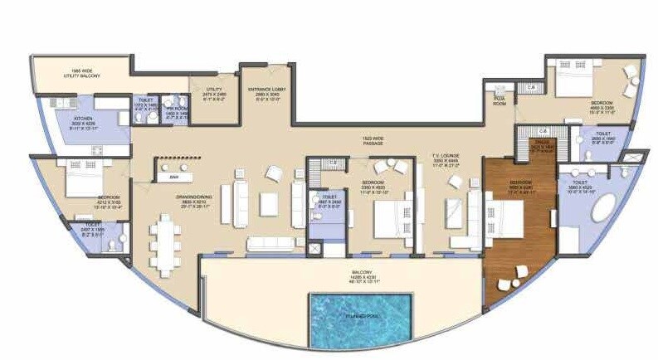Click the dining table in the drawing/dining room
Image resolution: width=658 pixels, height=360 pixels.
(x=167, y=243)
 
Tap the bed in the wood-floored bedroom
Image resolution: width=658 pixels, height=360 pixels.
(x=507, y=218)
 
